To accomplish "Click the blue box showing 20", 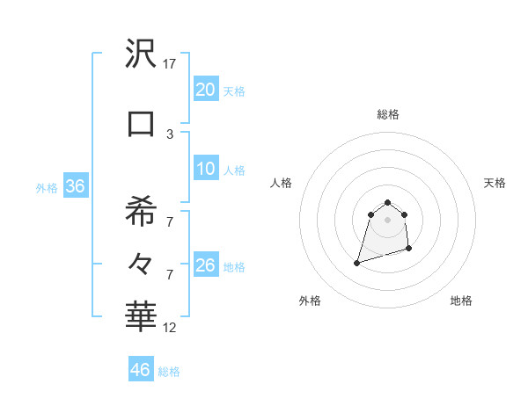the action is (x=205, y=90).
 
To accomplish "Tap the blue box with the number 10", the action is (x=205, y=170).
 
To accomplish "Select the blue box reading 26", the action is (x=205, y=266).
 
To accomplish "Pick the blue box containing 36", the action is (x=75, y=186).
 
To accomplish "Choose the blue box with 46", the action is (x=141, y=370).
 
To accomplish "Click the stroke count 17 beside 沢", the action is (x=170, y=64).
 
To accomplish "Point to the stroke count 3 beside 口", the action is (x=170, y=134).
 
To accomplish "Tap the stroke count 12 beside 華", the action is (x=170, y=328).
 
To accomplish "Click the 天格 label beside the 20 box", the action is (x=234, y=91).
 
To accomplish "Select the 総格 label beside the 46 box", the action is (x=169, y=372).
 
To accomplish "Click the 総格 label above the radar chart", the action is (x=388, y=114).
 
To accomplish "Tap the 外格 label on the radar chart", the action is (x=310, y=301).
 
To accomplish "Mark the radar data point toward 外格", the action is (x=356, y=262).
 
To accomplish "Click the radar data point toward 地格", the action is (x=410, y=250).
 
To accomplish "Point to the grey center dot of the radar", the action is (x=387, y=219).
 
